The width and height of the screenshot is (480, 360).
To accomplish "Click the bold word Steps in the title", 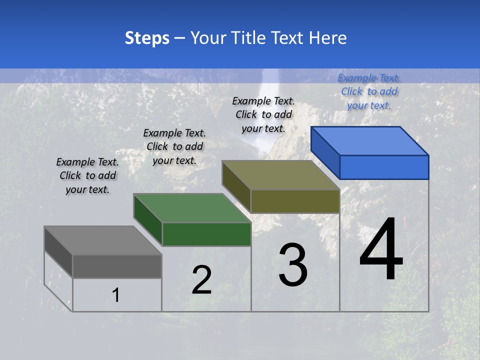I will point(147,38).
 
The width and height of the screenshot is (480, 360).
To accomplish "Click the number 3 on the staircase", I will point(293,265).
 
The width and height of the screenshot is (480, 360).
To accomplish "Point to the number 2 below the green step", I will point(201,280).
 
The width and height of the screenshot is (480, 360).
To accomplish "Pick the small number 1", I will point(116,295).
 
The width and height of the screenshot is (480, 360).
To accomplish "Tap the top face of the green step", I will point(192,208).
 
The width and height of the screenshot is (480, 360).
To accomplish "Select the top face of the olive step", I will point(281,175).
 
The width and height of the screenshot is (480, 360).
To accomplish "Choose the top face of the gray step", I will point(103,240).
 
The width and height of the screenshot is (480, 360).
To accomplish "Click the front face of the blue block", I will point(384,167).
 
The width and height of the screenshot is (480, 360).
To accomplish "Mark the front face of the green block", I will point(206,234).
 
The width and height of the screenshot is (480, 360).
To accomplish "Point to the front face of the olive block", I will point(295,201).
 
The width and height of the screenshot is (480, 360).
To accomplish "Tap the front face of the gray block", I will point(117,266).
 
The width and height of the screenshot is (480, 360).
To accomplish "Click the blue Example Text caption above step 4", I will point(369,91).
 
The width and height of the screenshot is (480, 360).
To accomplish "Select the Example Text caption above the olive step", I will point(263,114).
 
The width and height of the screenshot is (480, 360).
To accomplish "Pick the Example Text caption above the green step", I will point(174,146).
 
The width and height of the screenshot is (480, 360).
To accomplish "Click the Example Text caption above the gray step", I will point(87,175).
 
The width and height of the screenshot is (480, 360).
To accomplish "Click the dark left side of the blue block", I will point(325,152).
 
